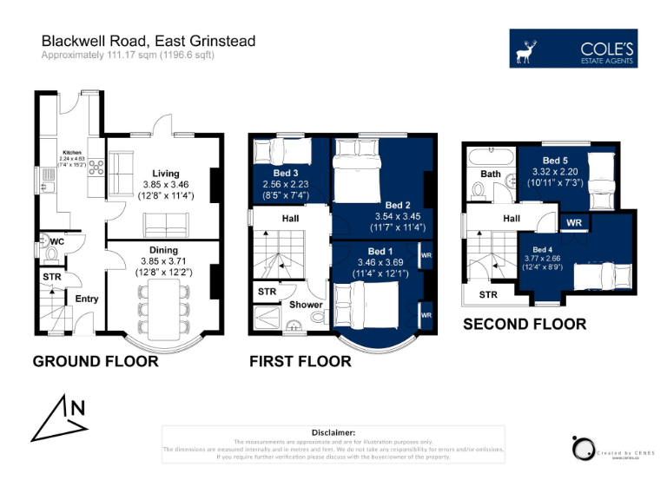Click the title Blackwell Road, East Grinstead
pos(149,42)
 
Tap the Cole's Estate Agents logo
pos(574,49)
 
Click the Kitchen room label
pos(72,152)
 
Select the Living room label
pos(165,174)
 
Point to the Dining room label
pos(165,249)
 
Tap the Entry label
pos(87,299)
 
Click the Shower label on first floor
pos(306,305)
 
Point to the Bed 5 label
pos(555,161)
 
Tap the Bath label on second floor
pos(491,174)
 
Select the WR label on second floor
pos(574,223)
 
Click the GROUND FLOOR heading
pos(96,361)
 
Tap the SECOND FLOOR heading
pos(524,325)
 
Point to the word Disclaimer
pos(333,432)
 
